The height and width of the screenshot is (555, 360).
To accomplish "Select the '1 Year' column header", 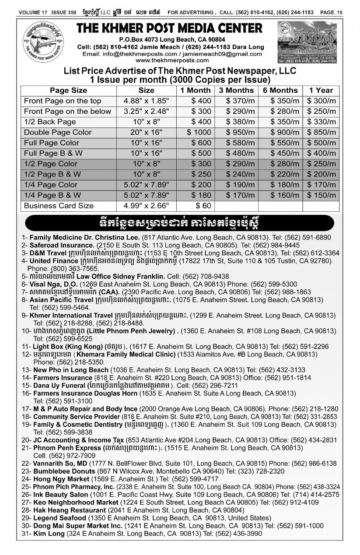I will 321,90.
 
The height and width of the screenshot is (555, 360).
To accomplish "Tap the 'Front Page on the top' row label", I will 63,101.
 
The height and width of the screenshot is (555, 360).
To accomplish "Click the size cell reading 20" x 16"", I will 146,132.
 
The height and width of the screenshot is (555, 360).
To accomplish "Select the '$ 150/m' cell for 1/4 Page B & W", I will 321,195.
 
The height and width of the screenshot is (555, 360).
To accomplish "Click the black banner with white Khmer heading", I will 180,222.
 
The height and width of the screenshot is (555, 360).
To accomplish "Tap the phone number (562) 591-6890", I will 318,237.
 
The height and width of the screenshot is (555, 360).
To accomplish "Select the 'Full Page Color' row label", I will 52,143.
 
